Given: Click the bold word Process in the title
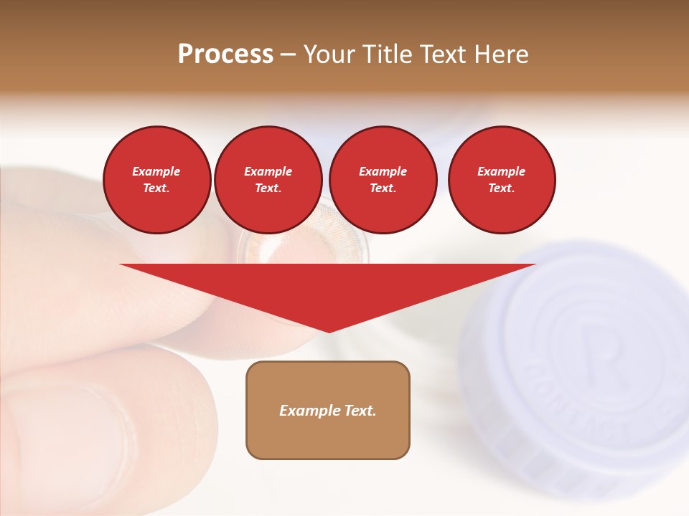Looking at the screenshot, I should [225, 54].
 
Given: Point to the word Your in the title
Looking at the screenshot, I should [329, 54].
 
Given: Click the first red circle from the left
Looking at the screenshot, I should [157, 180].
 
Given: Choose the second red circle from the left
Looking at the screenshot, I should [268, 180].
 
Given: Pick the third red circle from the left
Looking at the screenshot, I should [383, 180].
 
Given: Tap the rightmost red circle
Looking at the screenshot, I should [502, 180].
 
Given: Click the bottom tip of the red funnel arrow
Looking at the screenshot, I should [329, 331].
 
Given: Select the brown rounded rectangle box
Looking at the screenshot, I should [328, 437].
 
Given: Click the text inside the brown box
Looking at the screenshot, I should [328, 411].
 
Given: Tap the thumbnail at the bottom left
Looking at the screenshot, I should [65, 444].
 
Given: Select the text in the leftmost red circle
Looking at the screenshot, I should [156, 180].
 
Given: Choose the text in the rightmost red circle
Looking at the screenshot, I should [502, 180].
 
